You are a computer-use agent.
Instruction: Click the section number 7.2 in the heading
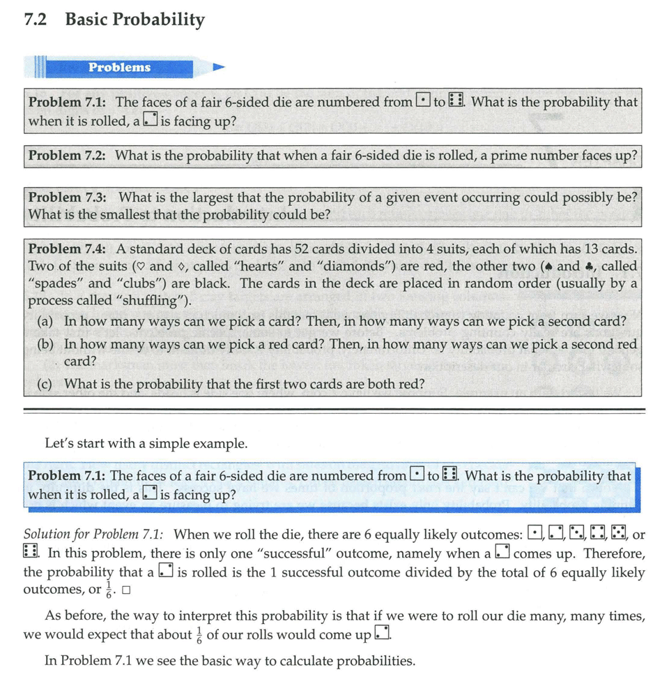(x=35, y=20)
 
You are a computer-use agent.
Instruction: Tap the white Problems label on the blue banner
(x=119, y=68)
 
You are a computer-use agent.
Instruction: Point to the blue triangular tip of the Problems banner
(x=219, y=68)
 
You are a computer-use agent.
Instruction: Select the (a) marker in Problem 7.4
(x=46, y=322)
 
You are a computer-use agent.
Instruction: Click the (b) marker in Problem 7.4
(x=47, y=344)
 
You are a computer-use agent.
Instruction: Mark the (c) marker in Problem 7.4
(x=46, y=384)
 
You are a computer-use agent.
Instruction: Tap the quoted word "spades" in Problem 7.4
(x=54, y=283)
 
